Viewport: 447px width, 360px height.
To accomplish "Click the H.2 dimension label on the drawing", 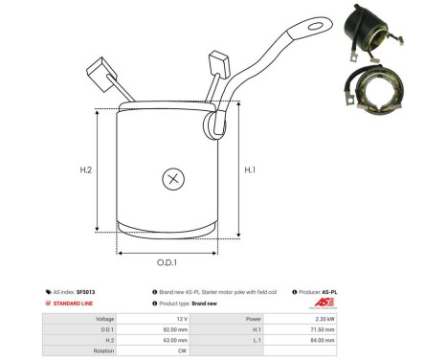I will click(x=85, y=170).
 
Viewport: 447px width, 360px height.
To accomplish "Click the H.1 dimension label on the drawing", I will click(x=251, y=170).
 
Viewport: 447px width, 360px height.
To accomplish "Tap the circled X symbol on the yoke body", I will click(x=172, y=178).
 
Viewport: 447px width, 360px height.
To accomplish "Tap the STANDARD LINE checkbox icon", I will click(x=49, y=304).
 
